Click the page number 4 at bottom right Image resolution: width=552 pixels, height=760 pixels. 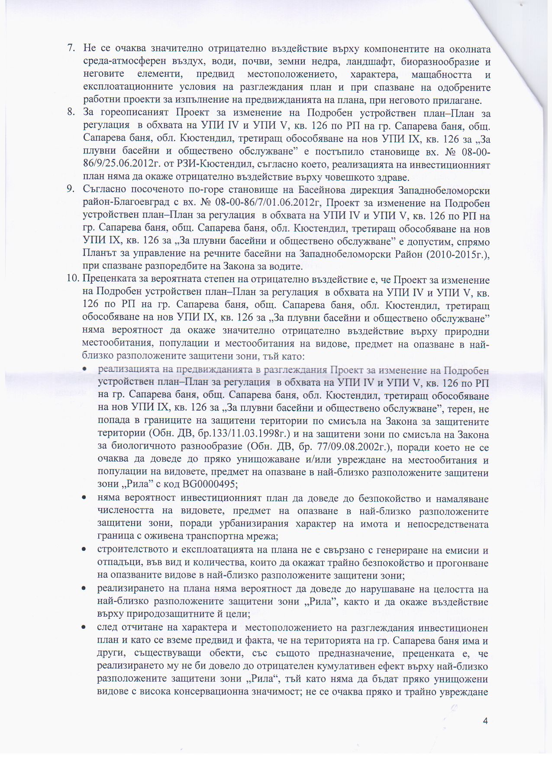point(485,721)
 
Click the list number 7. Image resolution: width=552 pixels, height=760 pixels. point(71,48)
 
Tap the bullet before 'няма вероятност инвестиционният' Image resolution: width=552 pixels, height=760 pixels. point(86,498)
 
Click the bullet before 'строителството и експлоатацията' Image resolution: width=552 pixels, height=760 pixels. point(86,550)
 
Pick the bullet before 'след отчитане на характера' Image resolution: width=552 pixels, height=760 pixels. point(86,627)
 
